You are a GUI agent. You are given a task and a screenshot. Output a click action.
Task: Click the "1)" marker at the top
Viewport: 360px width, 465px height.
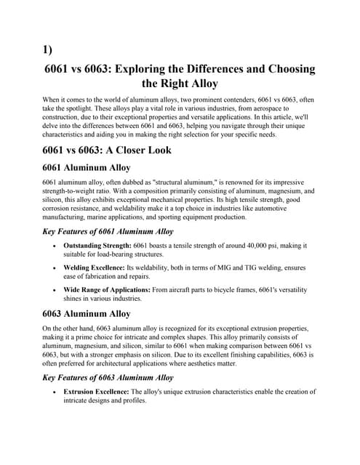48,50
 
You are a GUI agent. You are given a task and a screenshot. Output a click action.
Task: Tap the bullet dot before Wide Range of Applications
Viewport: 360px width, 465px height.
56,290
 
